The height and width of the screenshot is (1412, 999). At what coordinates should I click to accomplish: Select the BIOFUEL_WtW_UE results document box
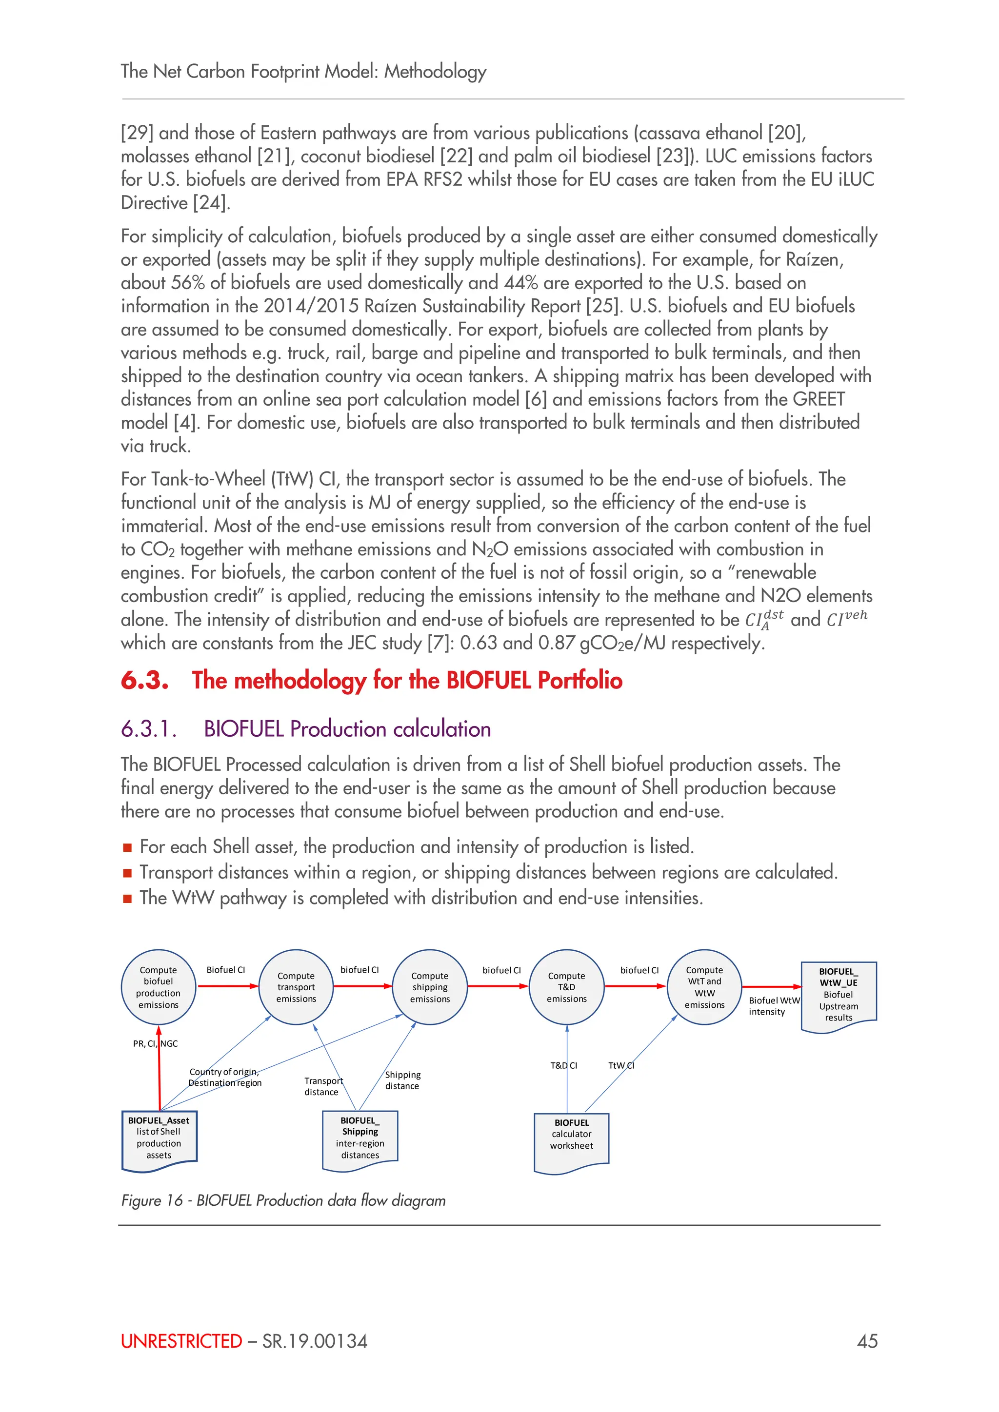coord(839,995)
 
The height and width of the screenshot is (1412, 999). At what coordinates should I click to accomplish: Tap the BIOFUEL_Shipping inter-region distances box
coord(360,1138)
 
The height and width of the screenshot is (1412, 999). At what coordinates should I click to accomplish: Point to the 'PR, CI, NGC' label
coord(155,1043)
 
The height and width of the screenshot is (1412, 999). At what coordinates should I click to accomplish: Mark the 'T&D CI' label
coord(563,1065)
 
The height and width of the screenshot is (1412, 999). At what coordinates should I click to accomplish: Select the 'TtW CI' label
coord(620,1065)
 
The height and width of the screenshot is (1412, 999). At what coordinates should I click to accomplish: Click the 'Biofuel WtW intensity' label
coord(773,1006)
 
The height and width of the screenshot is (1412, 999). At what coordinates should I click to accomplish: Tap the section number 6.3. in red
coord(144,680)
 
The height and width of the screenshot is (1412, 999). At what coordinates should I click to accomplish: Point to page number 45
coord(867,1341)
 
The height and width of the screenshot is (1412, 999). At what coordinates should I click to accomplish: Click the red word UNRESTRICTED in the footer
coord(181,1341)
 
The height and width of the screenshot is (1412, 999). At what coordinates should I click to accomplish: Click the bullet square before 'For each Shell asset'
coord(127,847)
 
